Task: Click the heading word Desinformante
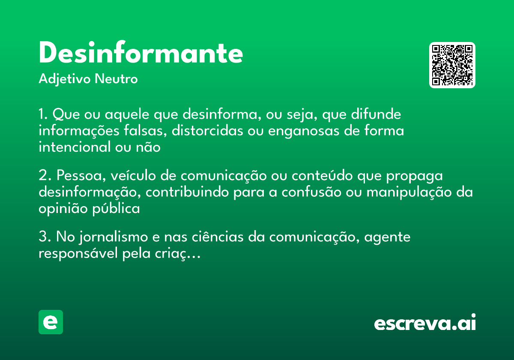tap(141, 54)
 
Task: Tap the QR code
tap(452, 65)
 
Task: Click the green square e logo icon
tap(51, 322)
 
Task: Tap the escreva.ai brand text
tap(425, 323)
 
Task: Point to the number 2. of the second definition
tap(45, 176)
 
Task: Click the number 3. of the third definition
tap(45, 237)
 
